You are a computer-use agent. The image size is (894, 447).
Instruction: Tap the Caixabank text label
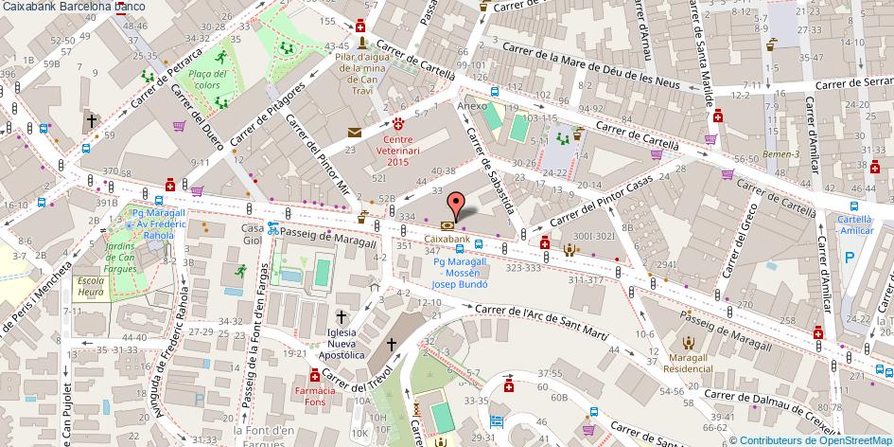click(447, 240)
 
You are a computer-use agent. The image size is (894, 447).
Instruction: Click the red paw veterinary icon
click(399, 123)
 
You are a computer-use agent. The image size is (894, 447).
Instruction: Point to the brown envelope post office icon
click(354, 134)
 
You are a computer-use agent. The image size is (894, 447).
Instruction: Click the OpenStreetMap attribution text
click(811, 439)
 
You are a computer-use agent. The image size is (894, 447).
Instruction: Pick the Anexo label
click(471, 105)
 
